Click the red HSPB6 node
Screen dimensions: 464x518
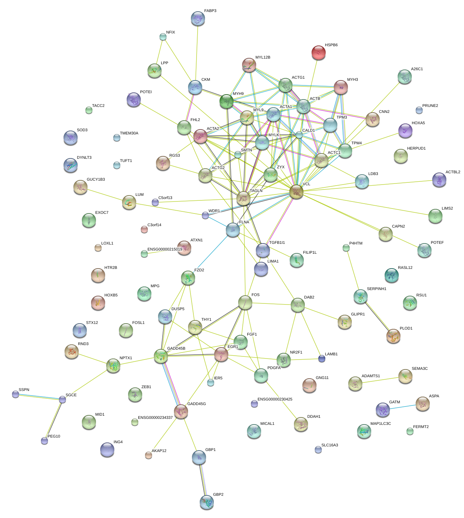[319, 53]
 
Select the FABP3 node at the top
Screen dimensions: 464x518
[198, 18]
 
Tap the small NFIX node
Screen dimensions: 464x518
[163, 36]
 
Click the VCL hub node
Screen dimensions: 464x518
[296, 192]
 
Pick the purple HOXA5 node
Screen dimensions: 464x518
[405, 130]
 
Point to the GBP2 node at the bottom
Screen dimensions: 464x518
[206, 501]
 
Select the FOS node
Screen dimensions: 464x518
[245, 302]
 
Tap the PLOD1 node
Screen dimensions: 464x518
[393, 336]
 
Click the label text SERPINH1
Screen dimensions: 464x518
[376, 289]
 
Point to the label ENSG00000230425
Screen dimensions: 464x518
[275, 399]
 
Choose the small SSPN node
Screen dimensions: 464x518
[16, 394]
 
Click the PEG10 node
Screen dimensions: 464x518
[44, 440]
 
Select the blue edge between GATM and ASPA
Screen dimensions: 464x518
[402, 407]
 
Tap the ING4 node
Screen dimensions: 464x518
[107, 449]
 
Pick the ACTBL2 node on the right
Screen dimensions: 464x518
[439, 180]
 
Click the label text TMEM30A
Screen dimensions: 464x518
[129, 133]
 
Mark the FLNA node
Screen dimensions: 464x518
[233, 229]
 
